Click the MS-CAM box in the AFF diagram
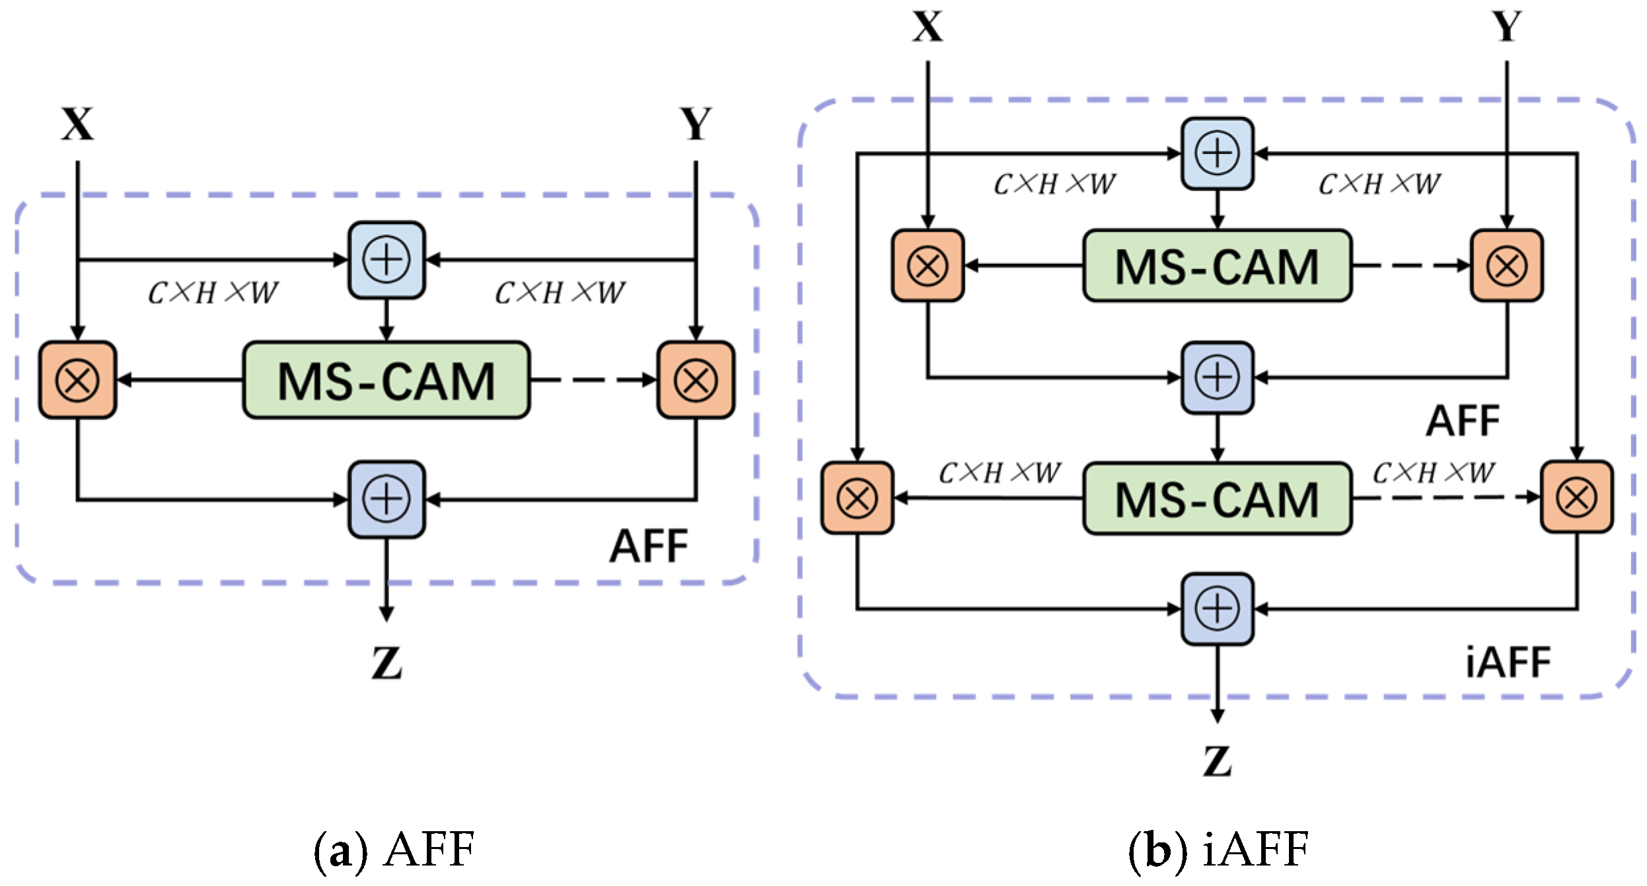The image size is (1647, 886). [386, 380]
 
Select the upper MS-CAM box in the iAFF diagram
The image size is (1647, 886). [1217, 266]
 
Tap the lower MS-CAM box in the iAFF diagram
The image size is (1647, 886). [1217, 498]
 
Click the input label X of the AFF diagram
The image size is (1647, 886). [78, 124]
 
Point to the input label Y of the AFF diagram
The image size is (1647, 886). [696, 124]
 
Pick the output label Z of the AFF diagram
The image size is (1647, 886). [386, 663]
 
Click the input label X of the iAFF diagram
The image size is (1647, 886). [928, 27]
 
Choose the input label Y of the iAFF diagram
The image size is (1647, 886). [1507, 27]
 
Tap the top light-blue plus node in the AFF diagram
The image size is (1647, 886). [386, 260]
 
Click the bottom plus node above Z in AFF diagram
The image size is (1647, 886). [386, 499]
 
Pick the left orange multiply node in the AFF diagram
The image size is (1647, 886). [78, 380]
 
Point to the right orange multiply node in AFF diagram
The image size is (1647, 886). [696, 380]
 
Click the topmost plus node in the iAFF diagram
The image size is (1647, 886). [1218, 153]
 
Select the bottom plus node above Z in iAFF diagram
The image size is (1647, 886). [1218, 609]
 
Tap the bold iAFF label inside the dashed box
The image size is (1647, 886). [1508, 663]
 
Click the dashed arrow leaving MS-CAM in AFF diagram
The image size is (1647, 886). [593, 380]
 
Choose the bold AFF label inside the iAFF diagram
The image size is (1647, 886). [1463, 420]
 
